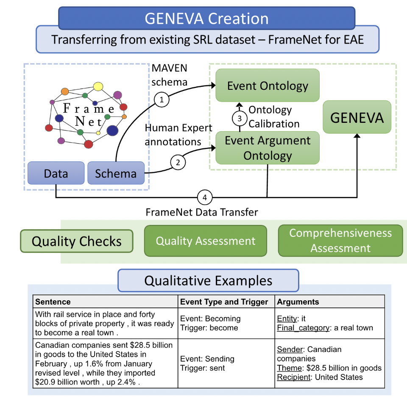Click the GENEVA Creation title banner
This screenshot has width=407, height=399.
point(206,18)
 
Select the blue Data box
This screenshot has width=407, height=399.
point(56,173)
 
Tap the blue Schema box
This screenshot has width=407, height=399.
point(116,173)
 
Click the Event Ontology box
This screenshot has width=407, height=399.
point(268,85)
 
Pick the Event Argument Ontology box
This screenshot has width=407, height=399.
point(268,148)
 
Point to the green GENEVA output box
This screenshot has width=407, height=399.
point(357,117)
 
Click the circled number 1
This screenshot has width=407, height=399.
point(162,100)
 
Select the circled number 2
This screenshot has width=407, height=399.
point(178,162)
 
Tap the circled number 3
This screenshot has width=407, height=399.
point(240,119)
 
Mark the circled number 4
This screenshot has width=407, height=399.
point(205,197)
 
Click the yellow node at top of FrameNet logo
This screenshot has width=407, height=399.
point(98,86)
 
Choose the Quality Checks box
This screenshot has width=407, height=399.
point(77,241)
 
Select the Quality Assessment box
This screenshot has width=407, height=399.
point(206,241)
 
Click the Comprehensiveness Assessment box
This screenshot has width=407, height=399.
point(340,241)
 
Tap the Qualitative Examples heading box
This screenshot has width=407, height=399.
point(209,280)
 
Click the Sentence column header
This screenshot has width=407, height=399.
point(53,302)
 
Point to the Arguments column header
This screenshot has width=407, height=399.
point(298,302)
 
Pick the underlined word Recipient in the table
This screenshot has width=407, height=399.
point(293,377)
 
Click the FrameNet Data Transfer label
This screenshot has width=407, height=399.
point(202,212)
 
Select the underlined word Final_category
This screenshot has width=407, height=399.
point(303,328)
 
